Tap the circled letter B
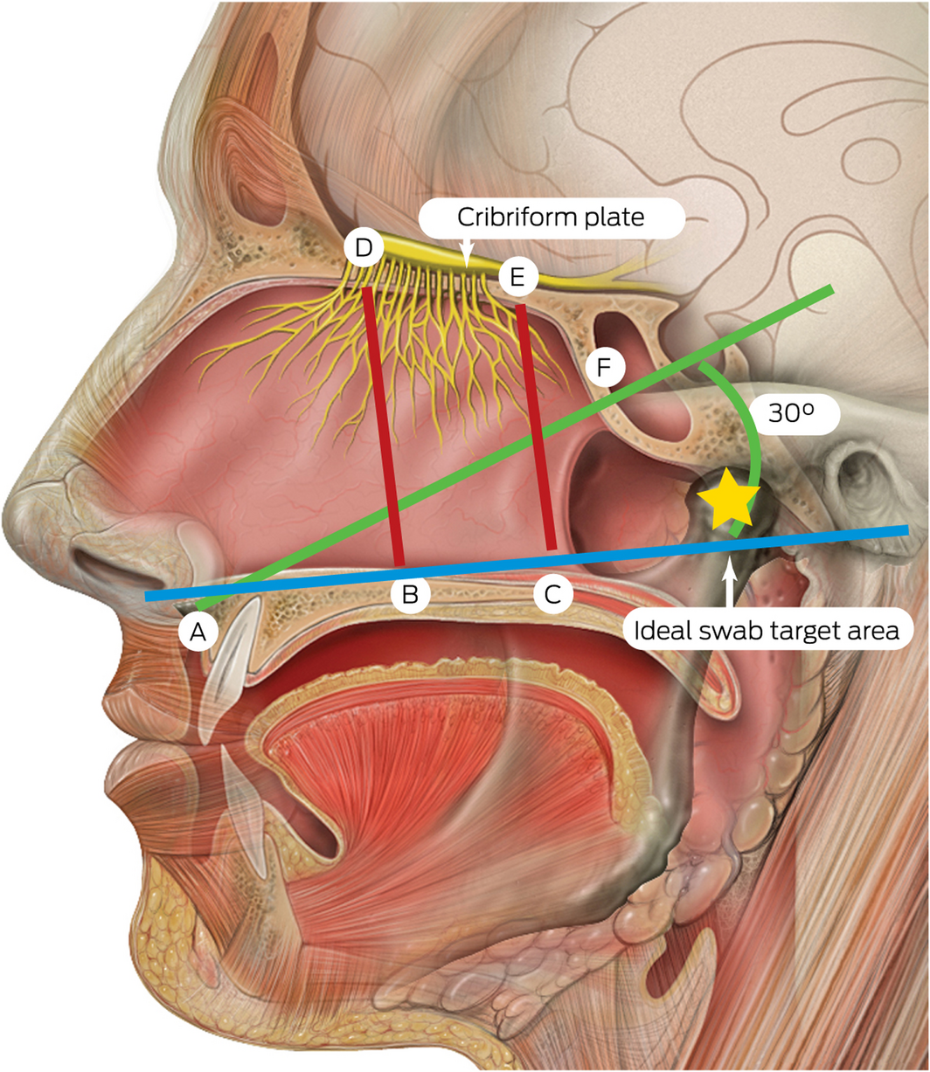409,595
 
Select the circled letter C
552,595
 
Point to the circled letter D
364,248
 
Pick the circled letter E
517,278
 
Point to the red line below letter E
535,428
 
